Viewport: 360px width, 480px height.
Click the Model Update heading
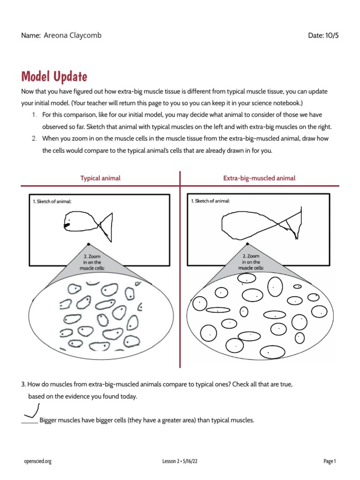[54, 76]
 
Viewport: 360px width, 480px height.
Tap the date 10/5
[330, 36]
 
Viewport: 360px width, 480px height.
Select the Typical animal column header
[100, 178]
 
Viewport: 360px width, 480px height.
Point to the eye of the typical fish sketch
[69, 219]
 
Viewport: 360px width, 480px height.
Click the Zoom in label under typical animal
[92, 262]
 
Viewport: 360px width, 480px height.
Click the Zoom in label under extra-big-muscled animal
[251, 262]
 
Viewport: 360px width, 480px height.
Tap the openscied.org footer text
[37, 461]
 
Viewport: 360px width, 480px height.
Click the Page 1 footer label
[330, 461]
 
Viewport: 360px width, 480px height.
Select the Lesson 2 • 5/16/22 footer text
[180, 461]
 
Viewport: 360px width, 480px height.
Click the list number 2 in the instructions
[34, 138]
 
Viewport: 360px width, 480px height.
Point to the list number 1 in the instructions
[34, 115]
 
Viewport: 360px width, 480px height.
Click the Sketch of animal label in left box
[52, 201]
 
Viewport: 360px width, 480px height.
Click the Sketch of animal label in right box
[210, 201]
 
